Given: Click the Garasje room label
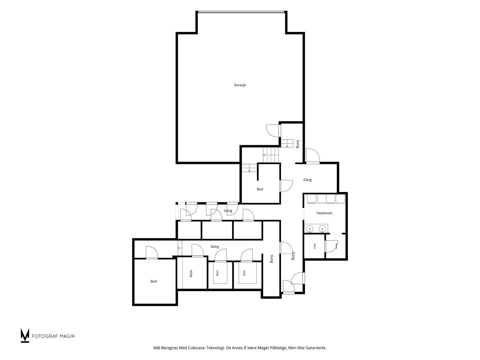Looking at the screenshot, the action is pyautogui.click(x=240, y=85).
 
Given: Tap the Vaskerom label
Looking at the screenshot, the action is pyautogui.click(x=324, y=213).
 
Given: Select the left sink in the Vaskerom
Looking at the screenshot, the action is pyautogui.click(x=310, y=229).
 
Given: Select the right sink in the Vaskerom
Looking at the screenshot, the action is pyautogui.click(x=322, y=229).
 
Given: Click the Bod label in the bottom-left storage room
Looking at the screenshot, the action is pyautogui.click(x=154, y=281).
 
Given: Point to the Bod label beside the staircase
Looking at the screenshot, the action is pyautogui.click(x=260, y=189).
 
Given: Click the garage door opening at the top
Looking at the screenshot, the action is pyautogui.click(x=241, y=12).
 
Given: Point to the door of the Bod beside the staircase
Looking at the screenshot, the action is pyautogui.click(x=286, y=186).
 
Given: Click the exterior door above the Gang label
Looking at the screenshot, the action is pyautogui.click(x=313, y=156).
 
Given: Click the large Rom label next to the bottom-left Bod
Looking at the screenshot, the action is pyautogui.click(x=191, y=274).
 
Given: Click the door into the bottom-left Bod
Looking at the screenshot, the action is pyautogui.click(x=152, y=253).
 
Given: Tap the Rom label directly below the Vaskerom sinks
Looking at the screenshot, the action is pyautogui.click(x=315, y=246).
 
